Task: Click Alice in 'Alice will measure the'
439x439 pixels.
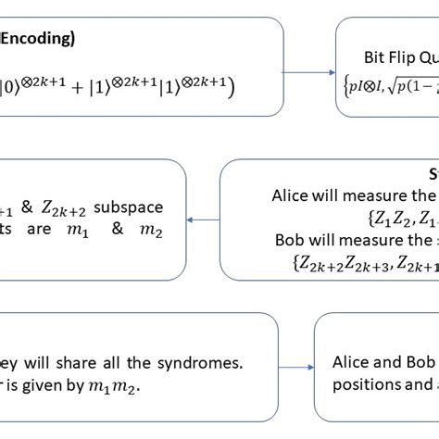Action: point(294,195)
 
